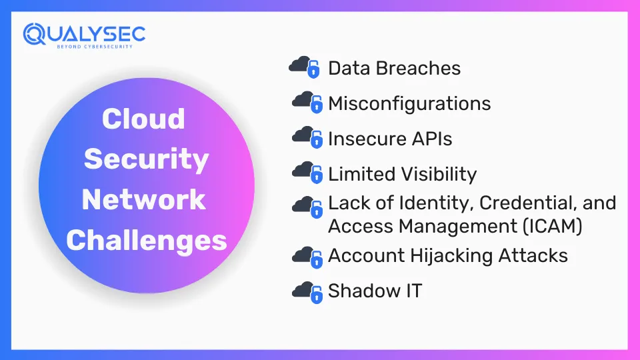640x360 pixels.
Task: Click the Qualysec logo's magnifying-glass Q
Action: pyautogui.click(x=34, y=34)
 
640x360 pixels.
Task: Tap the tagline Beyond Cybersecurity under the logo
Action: pyautogui.click(x=95, y=47)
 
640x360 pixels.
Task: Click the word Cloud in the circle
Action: pyautogui.click(x=143, y=119)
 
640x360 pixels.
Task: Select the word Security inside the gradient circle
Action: pyautogui.click(x=146, y=159)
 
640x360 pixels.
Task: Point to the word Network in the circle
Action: pyautogui.click(x=144, y=199)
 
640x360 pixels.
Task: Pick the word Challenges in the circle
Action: pyautogui.click(x=147, y=240)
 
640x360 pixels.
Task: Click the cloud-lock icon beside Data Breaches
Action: pyautogui.click(x=304, y=67)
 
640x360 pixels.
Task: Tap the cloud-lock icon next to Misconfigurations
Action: pyautogui.click(x=307, y=102)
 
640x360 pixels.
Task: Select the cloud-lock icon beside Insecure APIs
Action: pyautogui.click(x=307, y=137)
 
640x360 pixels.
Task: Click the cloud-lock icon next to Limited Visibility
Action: pyautogui.click(x=307, y=172)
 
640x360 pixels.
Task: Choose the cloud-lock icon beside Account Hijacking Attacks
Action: pyautogui.click(x=307, y=257)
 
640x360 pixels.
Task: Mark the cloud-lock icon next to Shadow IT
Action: pyautogui.click(x=307, y=292)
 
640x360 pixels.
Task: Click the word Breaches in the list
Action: pyautogui.click(x=418, y=68)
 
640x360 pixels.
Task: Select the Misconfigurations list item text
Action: pyautogui.click(x=409, y=103)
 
